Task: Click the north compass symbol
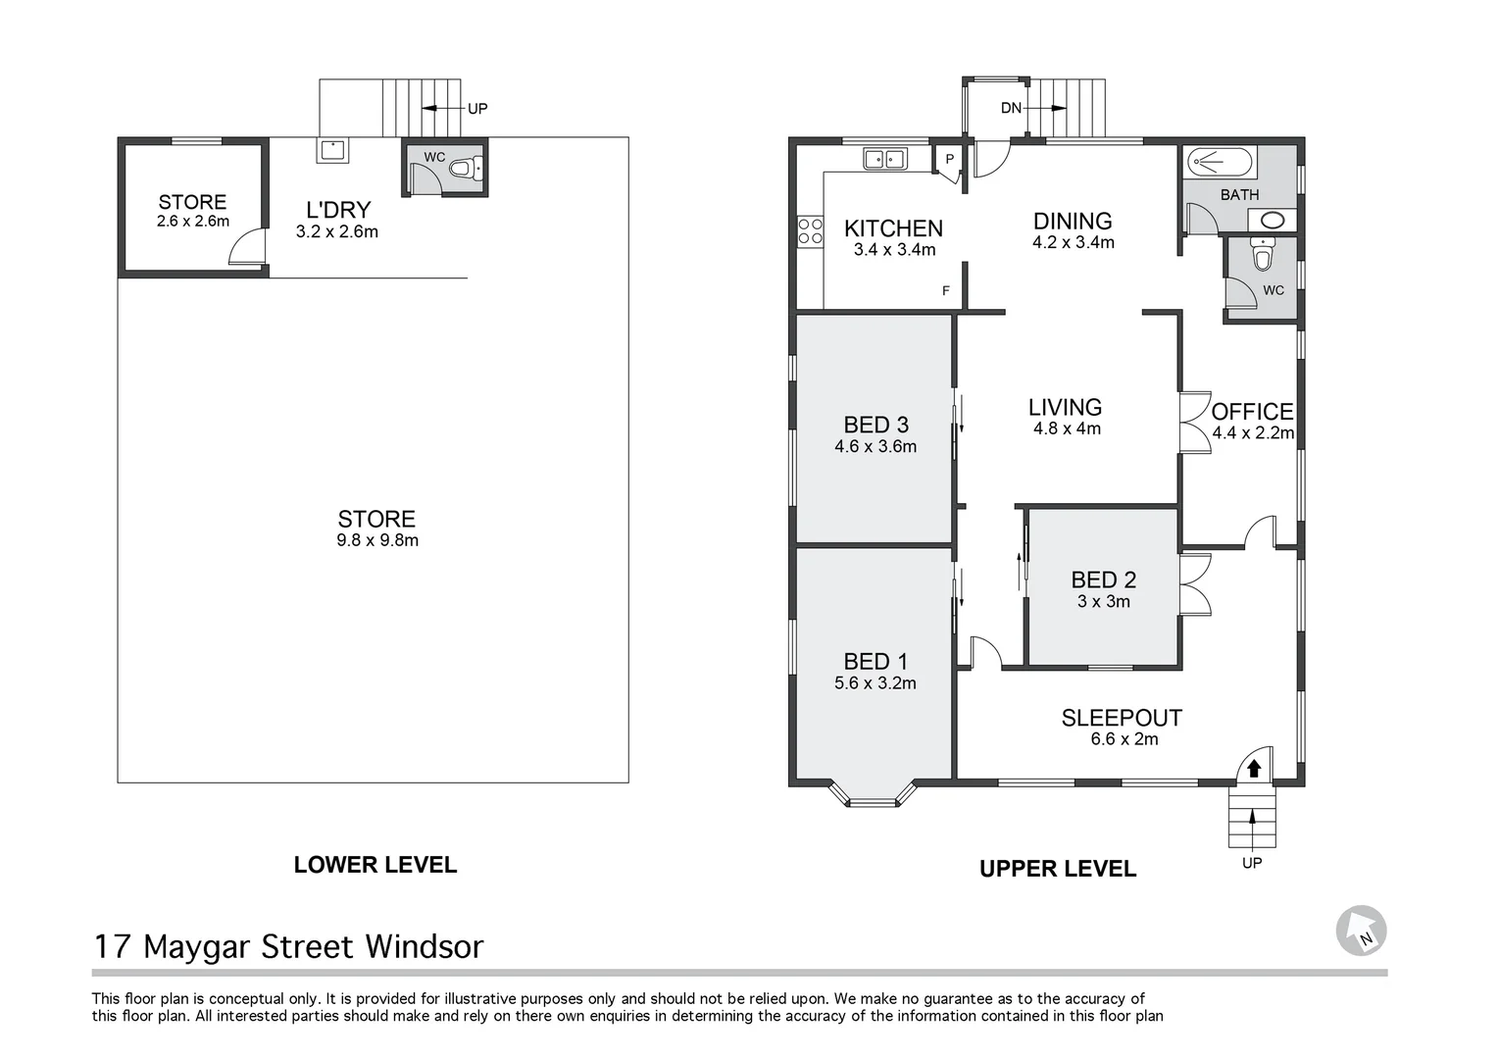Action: pyautogui.click(x=1361, y=931)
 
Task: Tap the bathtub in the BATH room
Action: pyautogui.click(x=1220, y=161)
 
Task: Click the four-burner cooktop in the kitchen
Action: pyautogui.click(x=810, y=231)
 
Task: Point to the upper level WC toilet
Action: pyautogui.click(x=1263, y=257)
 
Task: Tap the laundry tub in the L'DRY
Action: pyautogui.click(x=330, y=151)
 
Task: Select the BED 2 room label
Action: pyautogui.click(x=1103, y=580)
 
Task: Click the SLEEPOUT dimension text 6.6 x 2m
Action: pyautogui.click(x=1124, y=739)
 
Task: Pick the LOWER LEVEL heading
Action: pyautogui.click(x=375, y=865)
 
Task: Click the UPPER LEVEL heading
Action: pyautogui.click(x=1058, y=869)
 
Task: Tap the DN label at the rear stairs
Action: pyautogui.click(x=1011, y=108)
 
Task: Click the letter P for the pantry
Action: pyautogui.click(x=949, y=159)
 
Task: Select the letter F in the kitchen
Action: pyautogui.click(x=946, y=291)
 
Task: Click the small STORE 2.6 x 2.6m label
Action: pyautogui.click(x=192, y=210)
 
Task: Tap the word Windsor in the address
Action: pyautogui.click(x=425, y=947)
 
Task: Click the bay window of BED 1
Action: pyautogui.click(x=872, y=795)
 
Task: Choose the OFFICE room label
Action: pyautogui.click(x=1252, y=412)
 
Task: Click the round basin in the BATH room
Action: pyautogui.click(x=1273, y=220)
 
